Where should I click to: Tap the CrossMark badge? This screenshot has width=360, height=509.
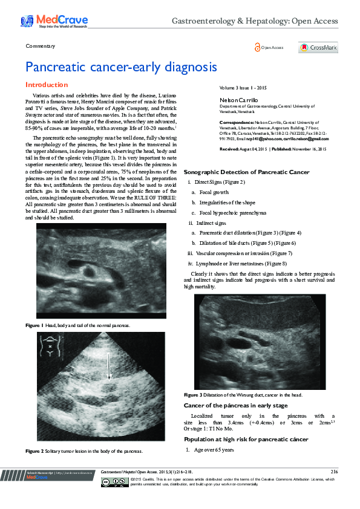coord(318,48)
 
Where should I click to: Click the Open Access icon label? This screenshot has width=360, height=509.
coord(269,48)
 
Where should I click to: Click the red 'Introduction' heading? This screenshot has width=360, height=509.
coord(47,85)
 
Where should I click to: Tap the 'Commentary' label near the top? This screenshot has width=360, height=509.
coord(41,46)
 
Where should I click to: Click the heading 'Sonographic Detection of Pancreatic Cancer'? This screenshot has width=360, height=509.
coord(246,172)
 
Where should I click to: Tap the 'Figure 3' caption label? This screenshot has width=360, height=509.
coord(192,395)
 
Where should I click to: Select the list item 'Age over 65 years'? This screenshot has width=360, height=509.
coord(214,450)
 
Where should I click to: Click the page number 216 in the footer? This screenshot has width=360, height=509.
coord(334,472)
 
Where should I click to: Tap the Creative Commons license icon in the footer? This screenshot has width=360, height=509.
coord(106,482)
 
